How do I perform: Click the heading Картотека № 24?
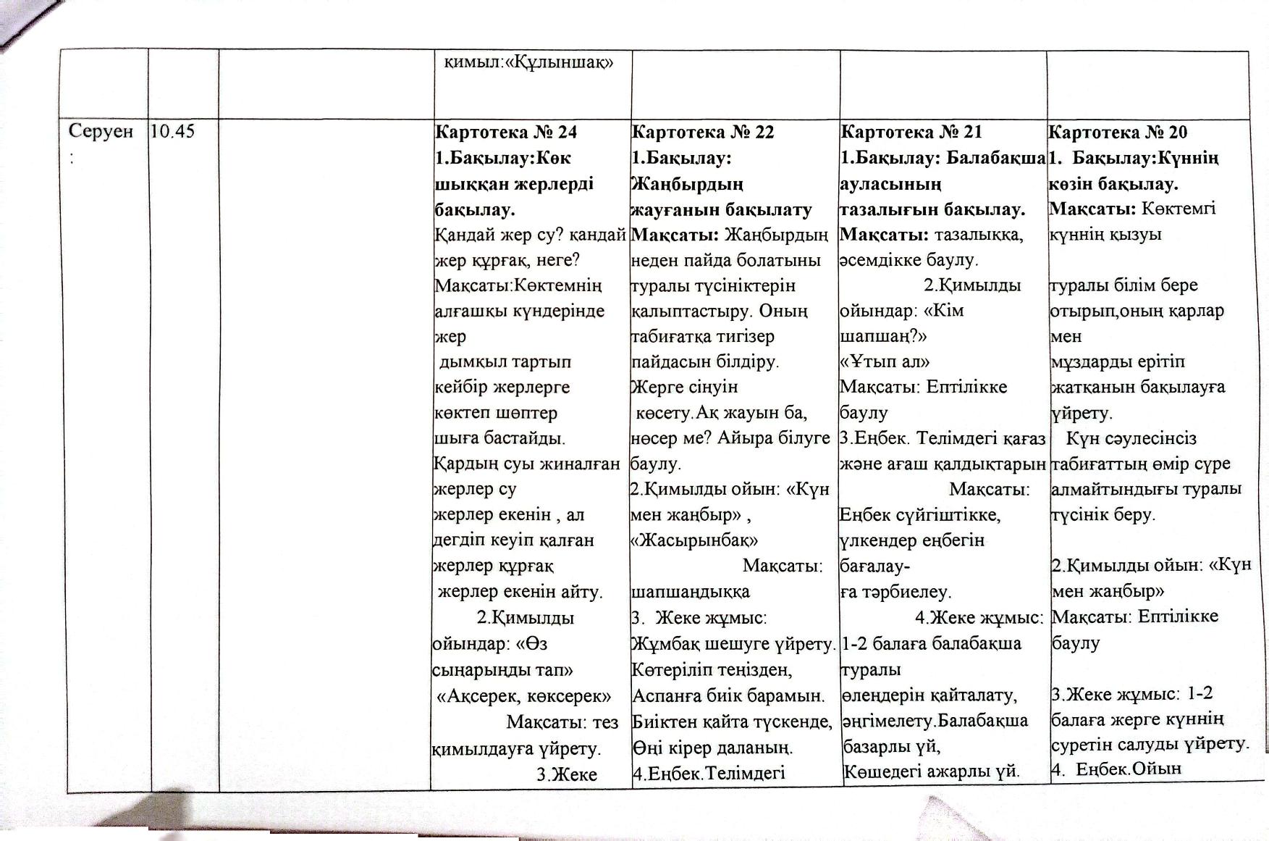coord(505,132)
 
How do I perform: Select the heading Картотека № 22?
coord(703,132)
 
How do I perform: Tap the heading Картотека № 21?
coord(911,132)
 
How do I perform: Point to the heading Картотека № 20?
coord(1118,132)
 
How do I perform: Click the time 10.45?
coord(174,131)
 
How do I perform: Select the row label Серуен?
coord(101,131)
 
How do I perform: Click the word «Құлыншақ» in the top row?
coord(558,62)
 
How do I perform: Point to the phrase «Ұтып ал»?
coord(885,361)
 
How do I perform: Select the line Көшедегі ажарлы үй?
coord(932,771)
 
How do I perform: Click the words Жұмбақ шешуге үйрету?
coord(733,643)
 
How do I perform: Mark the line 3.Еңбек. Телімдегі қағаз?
coord(943,438)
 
